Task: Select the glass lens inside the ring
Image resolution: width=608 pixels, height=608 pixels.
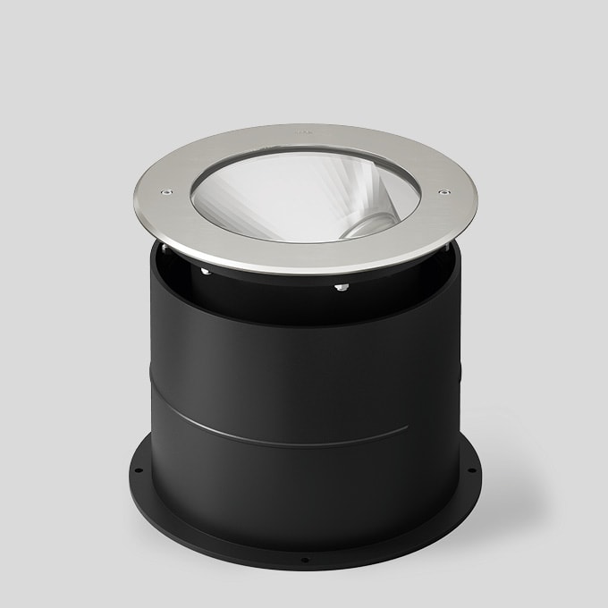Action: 295,192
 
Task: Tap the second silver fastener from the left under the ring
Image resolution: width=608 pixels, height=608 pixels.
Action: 206,270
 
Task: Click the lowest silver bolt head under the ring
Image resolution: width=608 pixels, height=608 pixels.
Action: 341,287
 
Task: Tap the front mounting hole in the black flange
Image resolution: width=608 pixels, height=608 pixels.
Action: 305,562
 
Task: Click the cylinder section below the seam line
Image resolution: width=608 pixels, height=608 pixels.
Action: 304,487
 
